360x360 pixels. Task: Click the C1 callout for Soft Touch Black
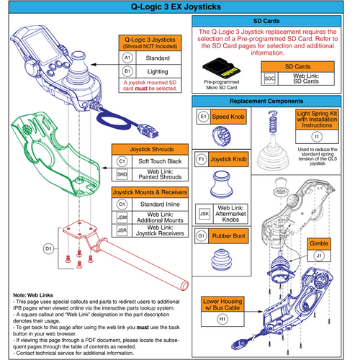(122, 163)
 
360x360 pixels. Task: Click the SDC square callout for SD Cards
(270, 78)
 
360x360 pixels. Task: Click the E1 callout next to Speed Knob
(203, 116)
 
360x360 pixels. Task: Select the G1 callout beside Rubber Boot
(203, 235)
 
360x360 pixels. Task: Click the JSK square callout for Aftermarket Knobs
(203, 215)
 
